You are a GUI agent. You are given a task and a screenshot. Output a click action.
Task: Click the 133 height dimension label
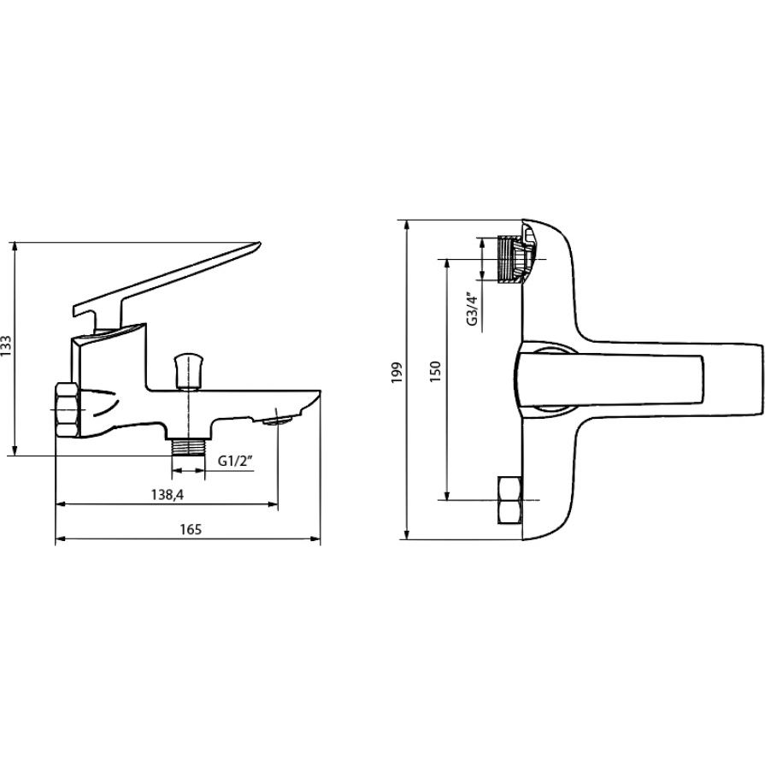click(6, 346)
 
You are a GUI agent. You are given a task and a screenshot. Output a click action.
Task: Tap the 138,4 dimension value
click(168, 495)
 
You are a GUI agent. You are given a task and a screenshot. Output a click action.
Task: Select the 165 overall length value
click(191, 529)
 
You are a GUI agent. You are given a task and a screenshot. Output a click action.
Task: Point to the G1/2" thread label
click(236, 461)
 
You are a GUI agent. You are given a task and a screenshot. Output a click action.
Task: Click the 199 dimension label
click(398, 373)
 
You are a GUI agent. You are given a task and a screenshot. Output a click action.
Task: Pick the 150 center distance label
click(436, 371)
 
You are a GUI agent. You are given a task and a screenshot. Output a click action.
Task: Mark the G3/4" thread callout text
click(472, 309)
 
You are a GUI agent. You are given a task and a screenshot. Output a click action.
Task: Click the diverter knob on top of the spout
click(188, 372)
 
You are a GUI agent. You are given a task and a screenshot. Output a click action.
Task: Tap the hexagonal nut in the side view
click(67, 409)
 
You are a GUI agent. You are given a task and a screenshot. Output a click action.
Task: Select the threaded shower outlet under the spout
click(188, 447)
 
